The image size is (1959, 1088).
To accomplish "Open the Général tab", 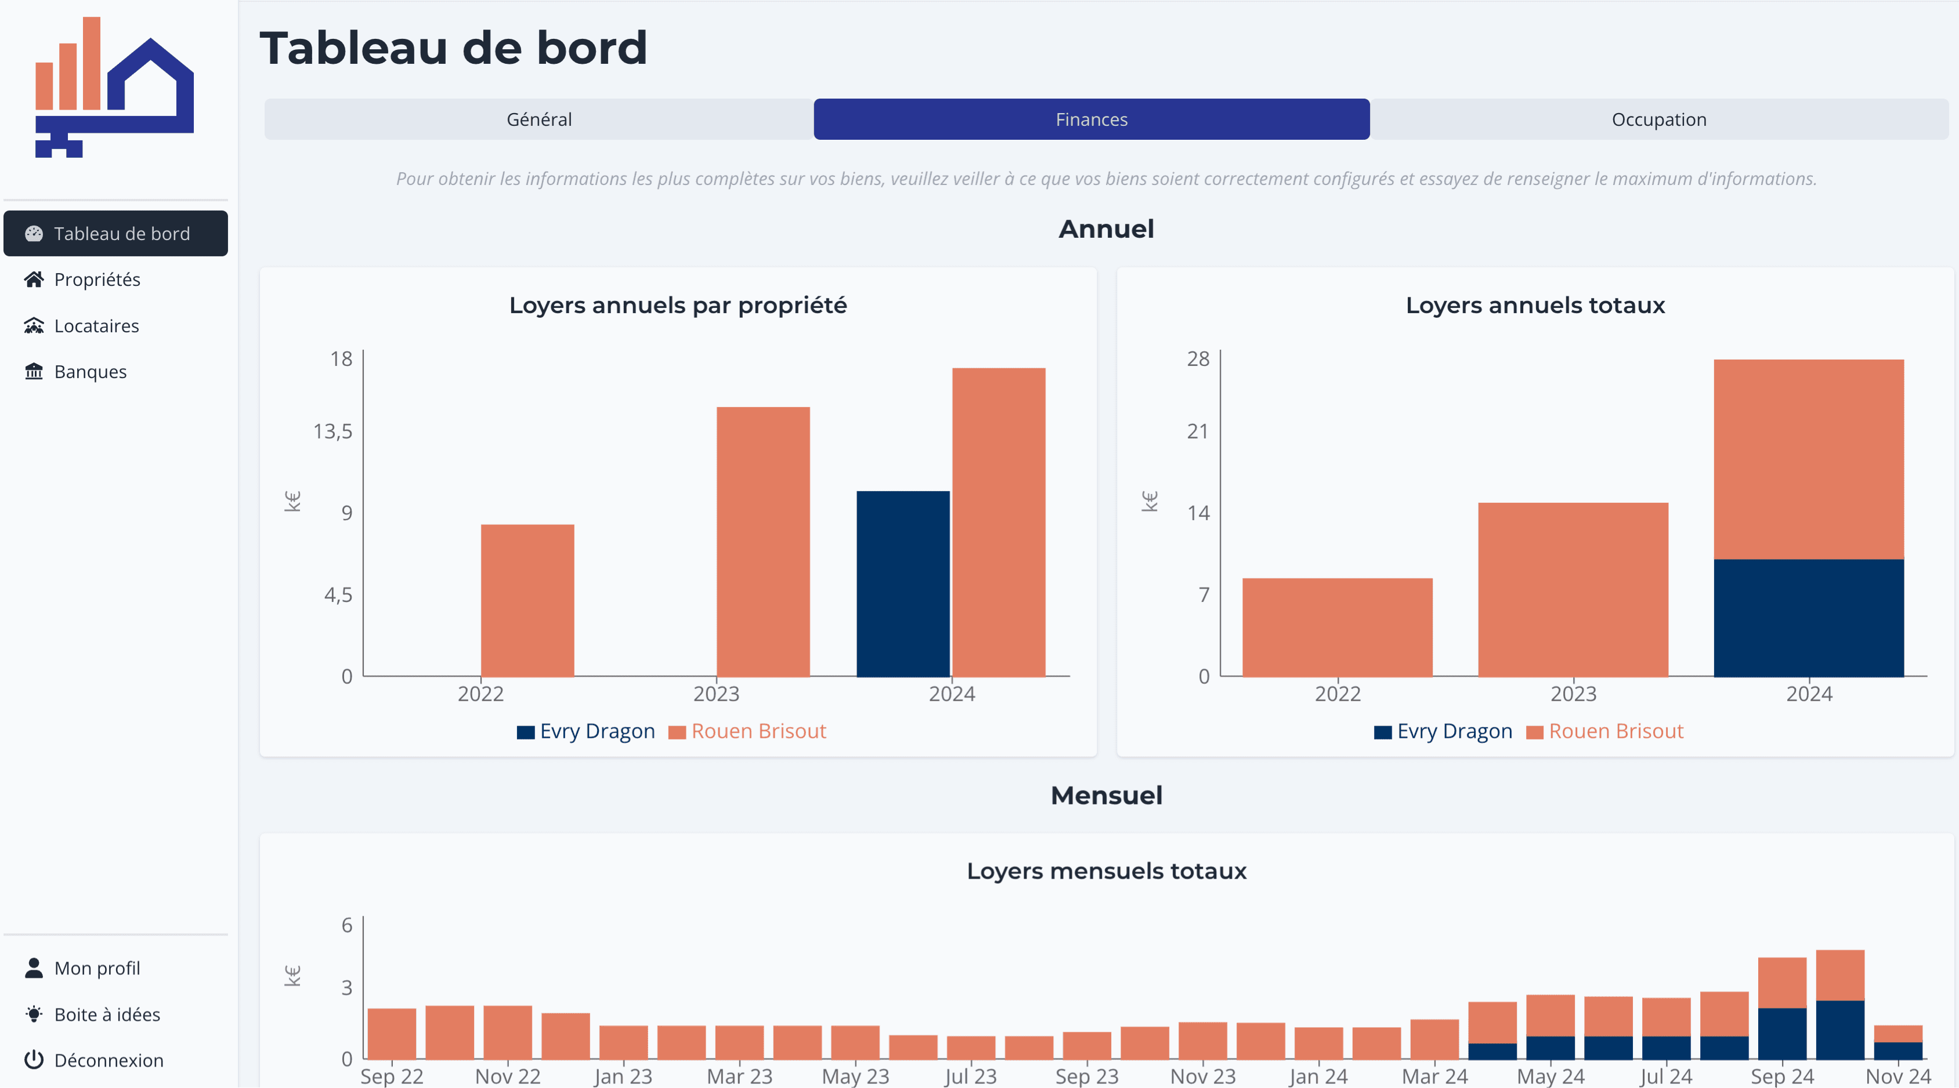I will tap(538, 119).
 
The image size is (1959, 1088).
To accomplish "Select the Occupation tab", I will tap(1658, 119).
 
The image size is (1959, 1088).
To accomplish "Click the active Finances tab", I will tap(1091, 119).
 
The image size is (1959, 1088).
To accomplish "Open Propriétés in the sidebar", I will tap(96, 279).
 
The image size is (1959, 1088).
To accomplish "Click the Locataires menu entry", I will tap(96, 325).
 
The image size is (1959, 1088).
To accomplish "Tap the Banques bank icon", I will tap(34, 371).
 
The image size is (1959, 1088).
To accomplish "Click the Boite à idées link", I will tap(106, 1014).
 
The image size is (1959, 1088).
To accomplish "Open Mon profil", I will tap(96, 968).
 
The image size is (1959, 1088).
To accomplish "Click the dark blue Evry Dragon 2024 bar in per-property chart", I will tap(903, 583).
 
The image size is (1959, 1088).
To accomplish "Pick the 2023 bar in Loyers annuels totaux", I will tap(1573, 589).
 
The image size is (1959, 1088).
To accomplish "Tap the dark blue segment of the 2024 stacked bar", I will tap(1809, 618).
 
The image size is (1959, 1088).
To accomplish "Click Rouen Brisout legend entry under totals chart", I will tap(1615, 731).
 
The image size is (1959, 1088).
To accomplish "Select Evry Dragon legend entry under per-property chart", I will tap(596, 731).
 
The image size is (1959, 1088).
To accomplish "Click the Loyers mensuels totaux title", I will tap(1106, 871).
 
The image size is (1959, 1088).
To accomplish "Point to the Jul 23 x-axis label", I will tap(970, 1076).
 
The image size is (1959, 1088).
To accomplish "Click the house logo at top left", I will tap(114, 88).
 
